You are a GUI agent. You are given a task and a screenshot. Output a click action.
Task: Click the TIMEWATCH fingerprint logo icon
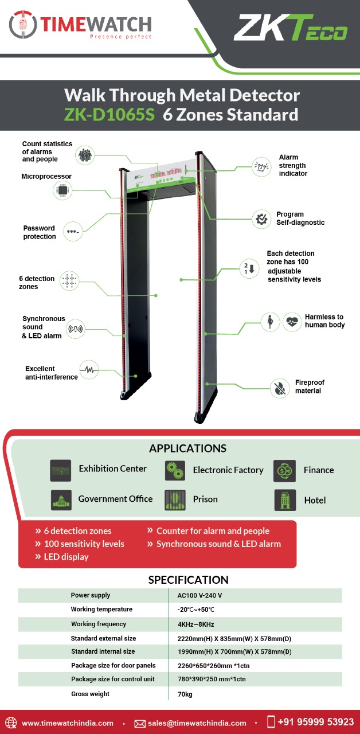coord(22,25)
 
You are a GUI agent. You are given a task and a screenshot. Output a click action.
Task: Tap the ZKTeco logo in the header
coord(290,29)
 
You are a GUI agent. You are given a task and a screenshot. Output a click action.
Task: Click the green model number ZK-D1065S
coord(109,114)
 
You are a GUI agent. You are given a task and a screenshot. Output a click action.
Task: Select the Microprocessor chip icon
coord(62,190)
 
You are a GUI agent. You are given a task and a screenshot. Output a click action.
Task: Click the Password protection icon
coord(73,232)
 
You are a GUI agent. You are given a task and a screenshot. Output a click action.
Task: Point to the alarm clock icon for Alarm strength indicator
coord(261,167)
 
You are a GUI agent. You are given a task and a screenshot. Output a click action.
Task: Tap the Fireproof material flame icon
coord(279,388)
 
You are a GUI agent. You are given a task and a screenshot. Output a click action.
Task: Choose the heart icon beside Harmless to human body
coord(292,322)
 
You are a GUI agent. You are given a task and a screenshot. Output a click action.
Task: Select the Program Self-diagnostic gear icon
coord(261,218)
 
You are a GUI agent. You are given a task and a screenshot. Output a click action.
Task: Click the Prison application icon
coord(175,499)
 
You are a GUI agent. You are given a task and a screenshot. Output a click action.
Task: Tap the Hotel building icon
coord(284,500)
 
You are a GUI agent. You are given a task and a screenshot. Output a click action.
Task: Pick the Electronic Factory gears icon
coord(175,470)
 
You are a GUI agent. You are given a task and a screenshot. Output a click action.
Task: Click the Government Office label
coord(115,499)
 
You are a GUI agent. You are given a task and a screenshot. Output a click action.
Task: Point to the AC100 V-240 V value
coord(199,596)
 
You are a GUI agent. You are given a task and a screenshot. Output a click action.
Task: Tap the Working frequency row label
coord(99,624)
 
